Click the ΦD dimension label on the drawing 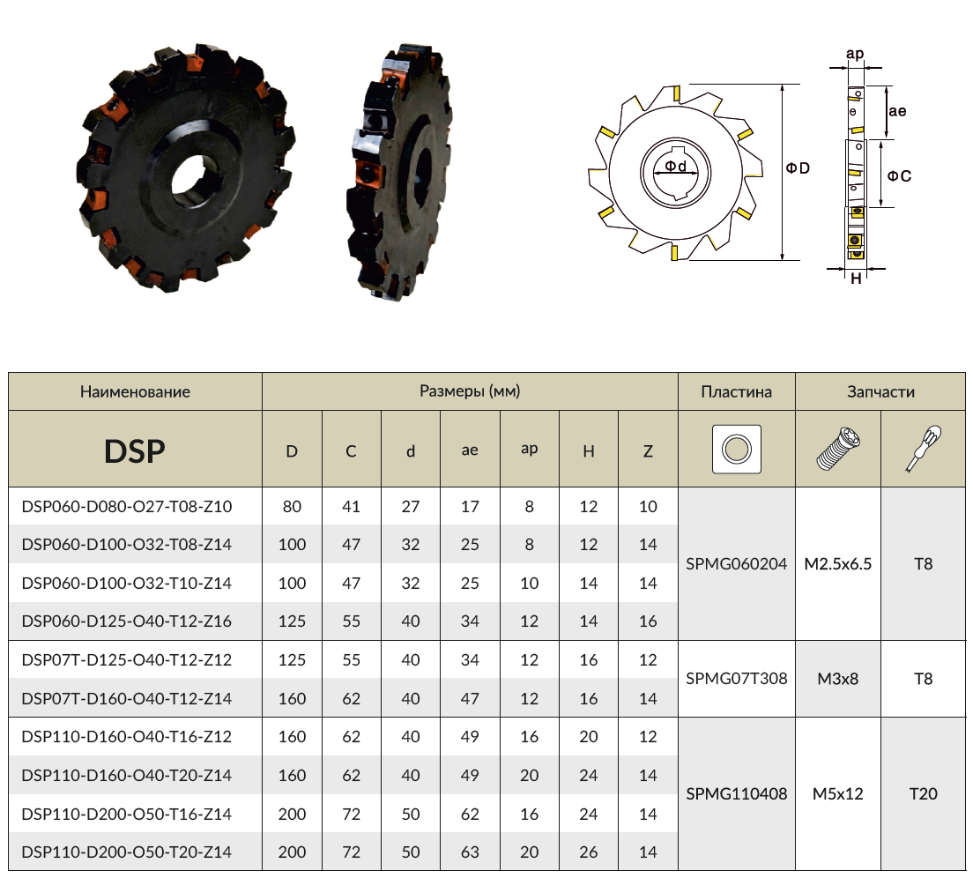point(798,168)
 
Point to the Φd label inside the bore point(675,166)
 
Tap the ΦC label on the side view point(899,176)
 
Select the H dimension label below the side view point(857,279)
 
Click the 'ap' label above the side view point(855,54)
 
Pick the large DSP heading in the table point(135,451)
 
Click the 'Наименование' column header point(135,391)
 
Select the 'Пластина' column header point(737,391)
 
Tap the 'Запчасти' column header point(880,391)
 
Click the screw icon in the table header point(838,448)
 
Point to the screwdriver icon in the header point(924,449)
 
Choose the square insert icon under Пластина point(737,450)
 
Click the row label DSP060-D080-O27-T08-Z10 point(127,506)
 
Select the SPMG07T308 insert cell point(737,679)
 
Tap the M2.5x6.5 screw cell point(838,564)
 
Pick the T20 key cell point(924,793)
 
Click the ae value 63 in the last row point(470,852)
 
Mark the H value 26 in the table point(588,852)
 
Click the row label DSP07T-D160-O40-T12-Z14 point(127,699)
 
